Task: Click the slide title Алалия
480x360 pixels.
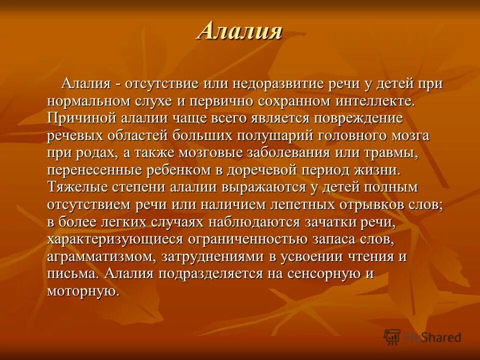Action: point(240,31)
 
